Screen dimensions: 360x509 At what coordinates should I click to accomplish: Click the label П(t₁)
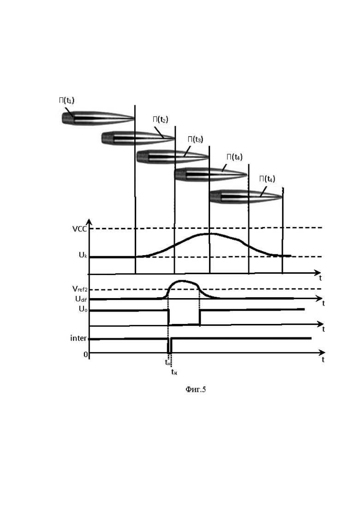tap(66, 100)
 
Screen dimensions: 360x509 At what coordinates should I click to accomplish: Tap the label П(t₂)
tap(160, 120)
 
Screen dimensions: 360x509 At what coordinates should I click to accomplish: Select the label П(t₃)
tap(195, 139)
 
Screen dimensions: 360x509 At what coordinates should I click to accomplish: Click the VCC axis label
tap(79, 229)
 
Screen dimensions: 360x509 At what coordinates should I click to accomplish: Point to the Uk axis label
tap(83, 255)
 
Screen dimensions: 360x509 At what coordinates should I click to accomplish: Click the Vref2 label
tap(80, 288)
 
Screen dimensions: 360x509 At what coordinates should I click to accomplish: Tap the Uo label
tap(83, 309)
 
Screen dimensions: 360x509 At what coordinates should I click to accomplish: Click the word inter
tap(78, 338)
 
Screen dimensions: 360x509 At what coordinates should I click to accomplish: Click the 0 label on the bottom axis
tap(86, 354)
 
